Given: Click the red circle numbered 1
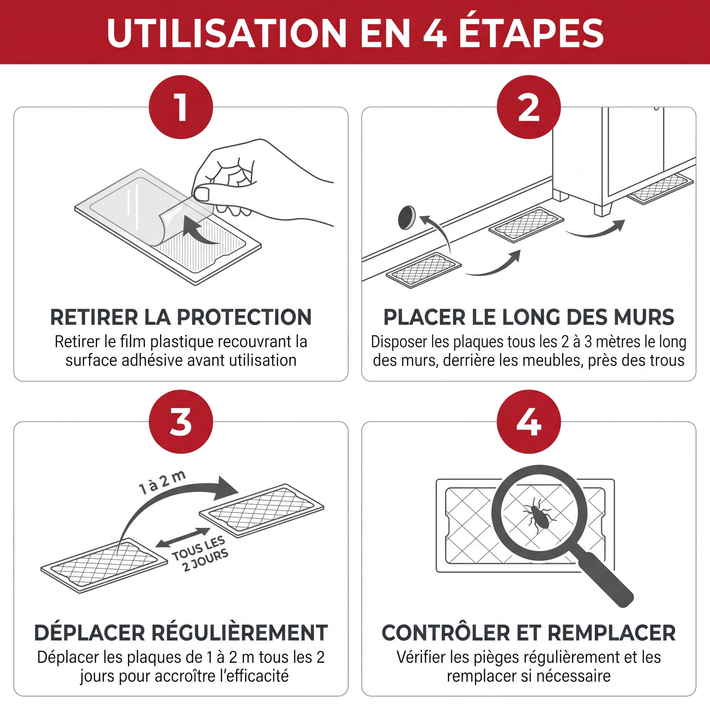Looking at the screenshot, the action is coord(181,107).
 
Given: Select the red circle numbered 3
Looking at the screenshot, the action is coord(181,422).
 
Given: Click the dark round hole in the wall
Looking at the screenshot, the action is coord(407,217).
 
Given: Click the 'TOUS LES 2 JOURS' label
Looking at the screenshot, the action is coord(201,554).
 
